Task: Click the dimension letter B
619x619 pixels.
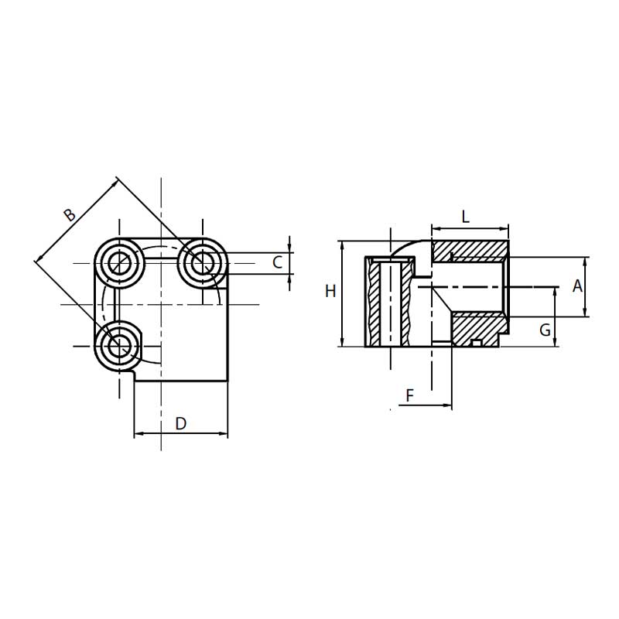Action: pos(70,214)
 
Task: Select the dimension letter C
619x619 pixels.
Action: pos(277,262)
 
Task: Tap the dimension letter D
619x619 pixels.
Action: pos(180,423)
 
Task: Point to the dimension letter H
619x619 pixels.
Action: pos(330,292)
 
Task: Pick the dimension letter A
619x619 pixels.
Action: pos(576,286)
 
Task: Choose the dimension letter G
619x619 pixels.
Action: pos(545,330)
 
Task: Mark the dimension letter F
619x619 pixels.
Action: pos(411,396)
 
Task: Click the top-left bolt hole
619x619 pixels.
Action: pos(120,264)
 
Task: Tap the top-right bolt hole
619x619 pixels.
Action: pos(203,264)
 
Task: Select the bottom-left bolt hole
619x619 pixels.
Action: pos(120,346)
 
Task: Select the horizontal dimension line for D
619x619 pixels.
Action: pos(180,434)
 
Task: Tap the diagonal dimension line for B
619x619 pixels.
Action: pos(77,222)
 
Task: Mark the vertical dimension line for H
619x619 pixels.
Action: pos(341,294)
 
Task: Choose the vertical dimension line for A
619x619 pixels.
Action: pos(586,286)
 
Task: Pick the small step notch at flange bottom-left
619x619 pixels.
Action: pos(134,374)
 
